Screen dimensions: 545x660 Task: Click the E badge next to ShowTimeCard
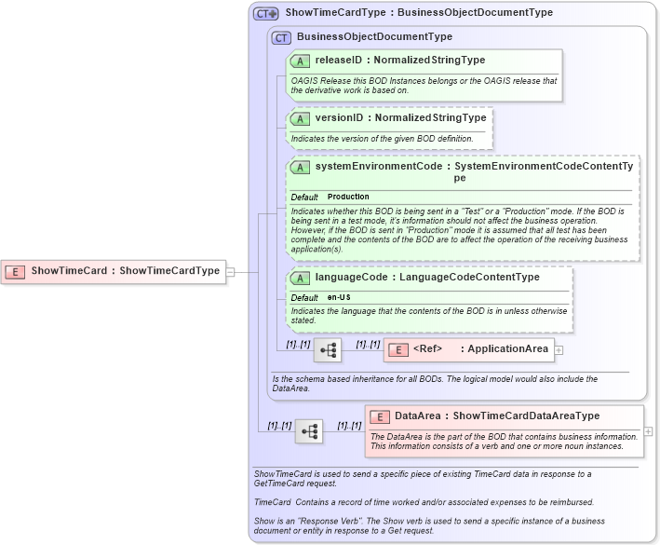15,271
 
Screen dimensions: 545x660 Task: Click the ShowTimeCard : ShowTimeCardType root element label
125,271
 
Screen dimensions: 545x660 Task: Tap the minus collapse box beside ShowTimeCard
230,272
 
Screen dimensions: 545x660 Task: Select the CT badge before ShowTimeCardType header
266,13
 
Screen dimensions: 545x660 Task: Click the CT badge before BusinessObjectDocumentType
281,37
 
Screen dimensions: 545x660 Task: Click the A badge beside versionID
300,118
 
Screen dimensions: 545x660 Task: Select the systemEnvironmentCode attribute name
378,166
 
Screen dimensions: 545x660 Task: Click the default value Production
348,198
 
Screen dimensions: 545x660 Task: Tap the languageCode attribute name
351,278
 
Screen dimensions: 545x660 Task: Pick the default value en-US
339,297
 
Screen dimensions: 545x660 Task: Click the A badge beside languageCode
300,278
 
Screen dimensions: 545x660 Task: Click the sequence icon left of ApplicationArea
328,350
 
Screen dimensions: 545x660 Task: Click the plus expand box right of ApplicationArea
559,350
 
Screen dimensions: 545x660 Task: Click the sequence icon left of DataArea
309,431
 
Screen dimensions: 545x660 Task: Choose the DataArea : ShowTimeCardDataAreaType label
497,416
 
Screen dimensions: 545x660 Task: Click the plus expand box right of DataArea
648,431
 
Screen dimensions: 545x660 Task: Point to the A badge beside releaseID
300,61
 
